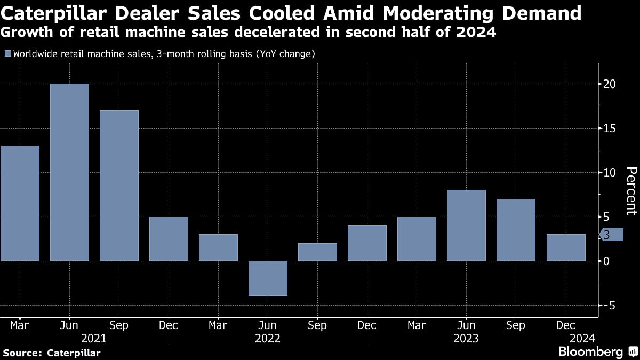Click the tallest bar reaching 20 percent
point(69,172)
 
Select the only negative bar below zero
point(268,278)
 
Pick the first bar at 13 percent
point(20,203)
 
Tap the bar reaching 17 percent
point(119,186)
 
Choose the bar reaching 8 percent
point(466,225)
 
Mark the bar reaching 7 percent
point(516,230)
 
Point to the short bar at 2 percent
point(317,252)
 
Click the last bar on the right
point(565,247)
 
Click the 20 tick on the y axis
point(610,84)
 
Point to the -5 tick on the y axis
point(610,305)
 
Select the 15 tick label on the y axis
point(610,129)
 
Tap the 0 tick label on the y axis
point(606,261)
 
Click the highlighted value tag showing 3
point(611,235)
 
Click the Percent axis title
point(631,190)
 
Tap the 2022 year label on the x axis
point(268,338)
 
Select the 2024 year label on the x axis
point(581,338)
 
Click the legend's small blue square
point(7,54)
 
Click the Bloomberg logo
point(590,351)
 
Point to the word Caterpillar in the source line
point(74,353)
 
